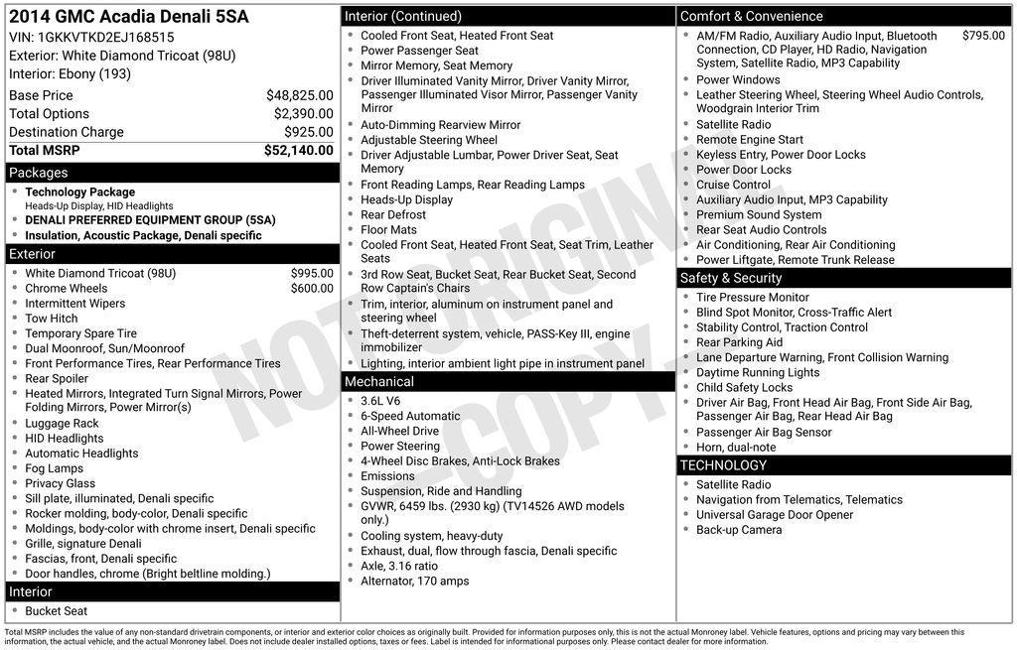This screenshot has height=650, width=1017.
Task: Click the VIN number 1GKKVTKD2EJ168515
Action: (105, 38)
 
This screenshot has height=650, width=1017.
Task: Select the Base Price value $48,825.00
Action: (299, 95)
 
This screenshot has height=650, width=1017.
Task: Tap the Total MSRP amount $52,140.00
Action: (298, 150)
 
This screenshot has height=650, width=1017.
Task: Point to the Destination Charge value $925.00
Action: (308, 132)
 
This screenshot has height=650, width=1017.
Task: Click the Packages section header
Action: (39, 173)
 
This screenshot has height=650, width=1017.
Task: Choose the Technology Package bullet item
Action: (79, 192)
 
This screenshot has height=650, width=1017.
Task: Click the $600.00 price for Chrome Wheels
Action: (312, 289)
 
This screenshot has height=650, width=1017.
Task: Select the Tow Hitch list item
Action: (52, 319)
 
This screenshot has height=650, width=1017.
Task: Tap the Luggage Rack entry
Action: (62, 424)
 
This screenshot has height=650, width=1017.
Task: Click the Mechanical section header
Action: (378, 382)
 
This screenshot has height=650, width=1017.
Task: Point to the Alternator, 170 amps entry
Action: (414, 582)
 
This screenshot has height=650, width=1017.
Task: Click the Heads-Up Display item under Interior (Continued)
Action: (406, 199)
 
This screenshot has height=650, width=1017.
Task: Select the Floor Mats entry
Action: (388, 230)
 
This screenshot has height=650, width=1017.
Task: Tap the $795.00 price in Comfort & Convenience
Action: (983, 36)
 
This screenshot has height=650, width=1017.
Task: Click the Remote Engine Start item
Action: (750, 140)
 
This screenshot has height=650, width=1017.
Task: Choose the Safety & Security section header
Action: (731, 278)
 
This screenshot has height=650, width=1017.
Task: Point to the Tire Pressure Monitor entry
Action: (753, 297)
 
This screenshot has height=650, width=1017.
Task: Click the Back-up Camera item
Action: (739, 530)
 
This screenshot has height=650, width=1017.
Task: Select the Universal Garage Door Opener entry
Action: (775, 515)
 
